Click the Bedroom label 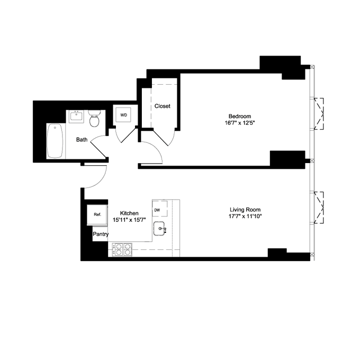[239, 116]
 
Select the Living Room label [245, 209]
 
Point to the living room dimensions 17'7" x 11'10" [245, 217]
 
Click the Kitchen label [129, 213]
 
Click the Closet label [163, 106]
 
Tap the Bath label [82, 140]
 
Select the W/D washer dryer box [124, 115]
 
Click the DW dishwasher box [158, 210]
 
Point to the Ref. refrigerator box [97, 214]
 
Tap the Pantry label [101, 233]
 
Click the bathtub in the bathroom [55, 141]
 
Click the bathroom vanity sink [77, 115]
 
